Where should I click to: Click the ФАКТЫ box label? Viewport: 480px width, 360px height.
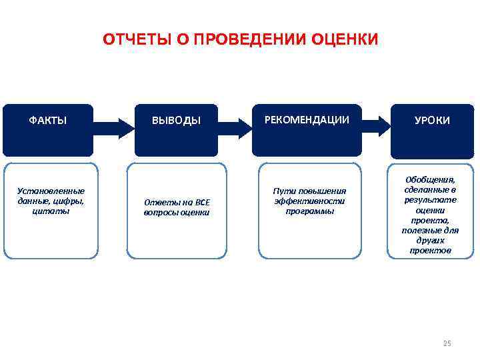pyautogui.click(x=47, y=120)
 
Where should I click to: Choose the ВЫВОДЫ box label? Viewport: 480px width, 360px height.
pyautogui.click(x=176, y=121)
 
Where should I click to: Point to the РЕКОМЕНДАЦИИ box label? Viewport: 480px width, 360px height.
pyautogui.click(x=307, y=120)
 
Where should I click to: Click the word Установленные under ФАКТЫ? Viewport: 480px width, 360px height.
pyautogui.click(x=51, y=191)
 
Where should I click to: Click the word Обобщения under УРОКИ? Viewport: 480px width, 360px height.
pyautogui.click(x=430, y=179)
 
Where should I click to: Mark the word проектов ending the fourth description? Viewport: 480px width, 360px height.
pyautogui.click(x=430, y=251)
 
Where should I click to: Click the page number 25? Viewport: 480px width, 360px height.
pyautogui.click(x=447, y=343)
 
